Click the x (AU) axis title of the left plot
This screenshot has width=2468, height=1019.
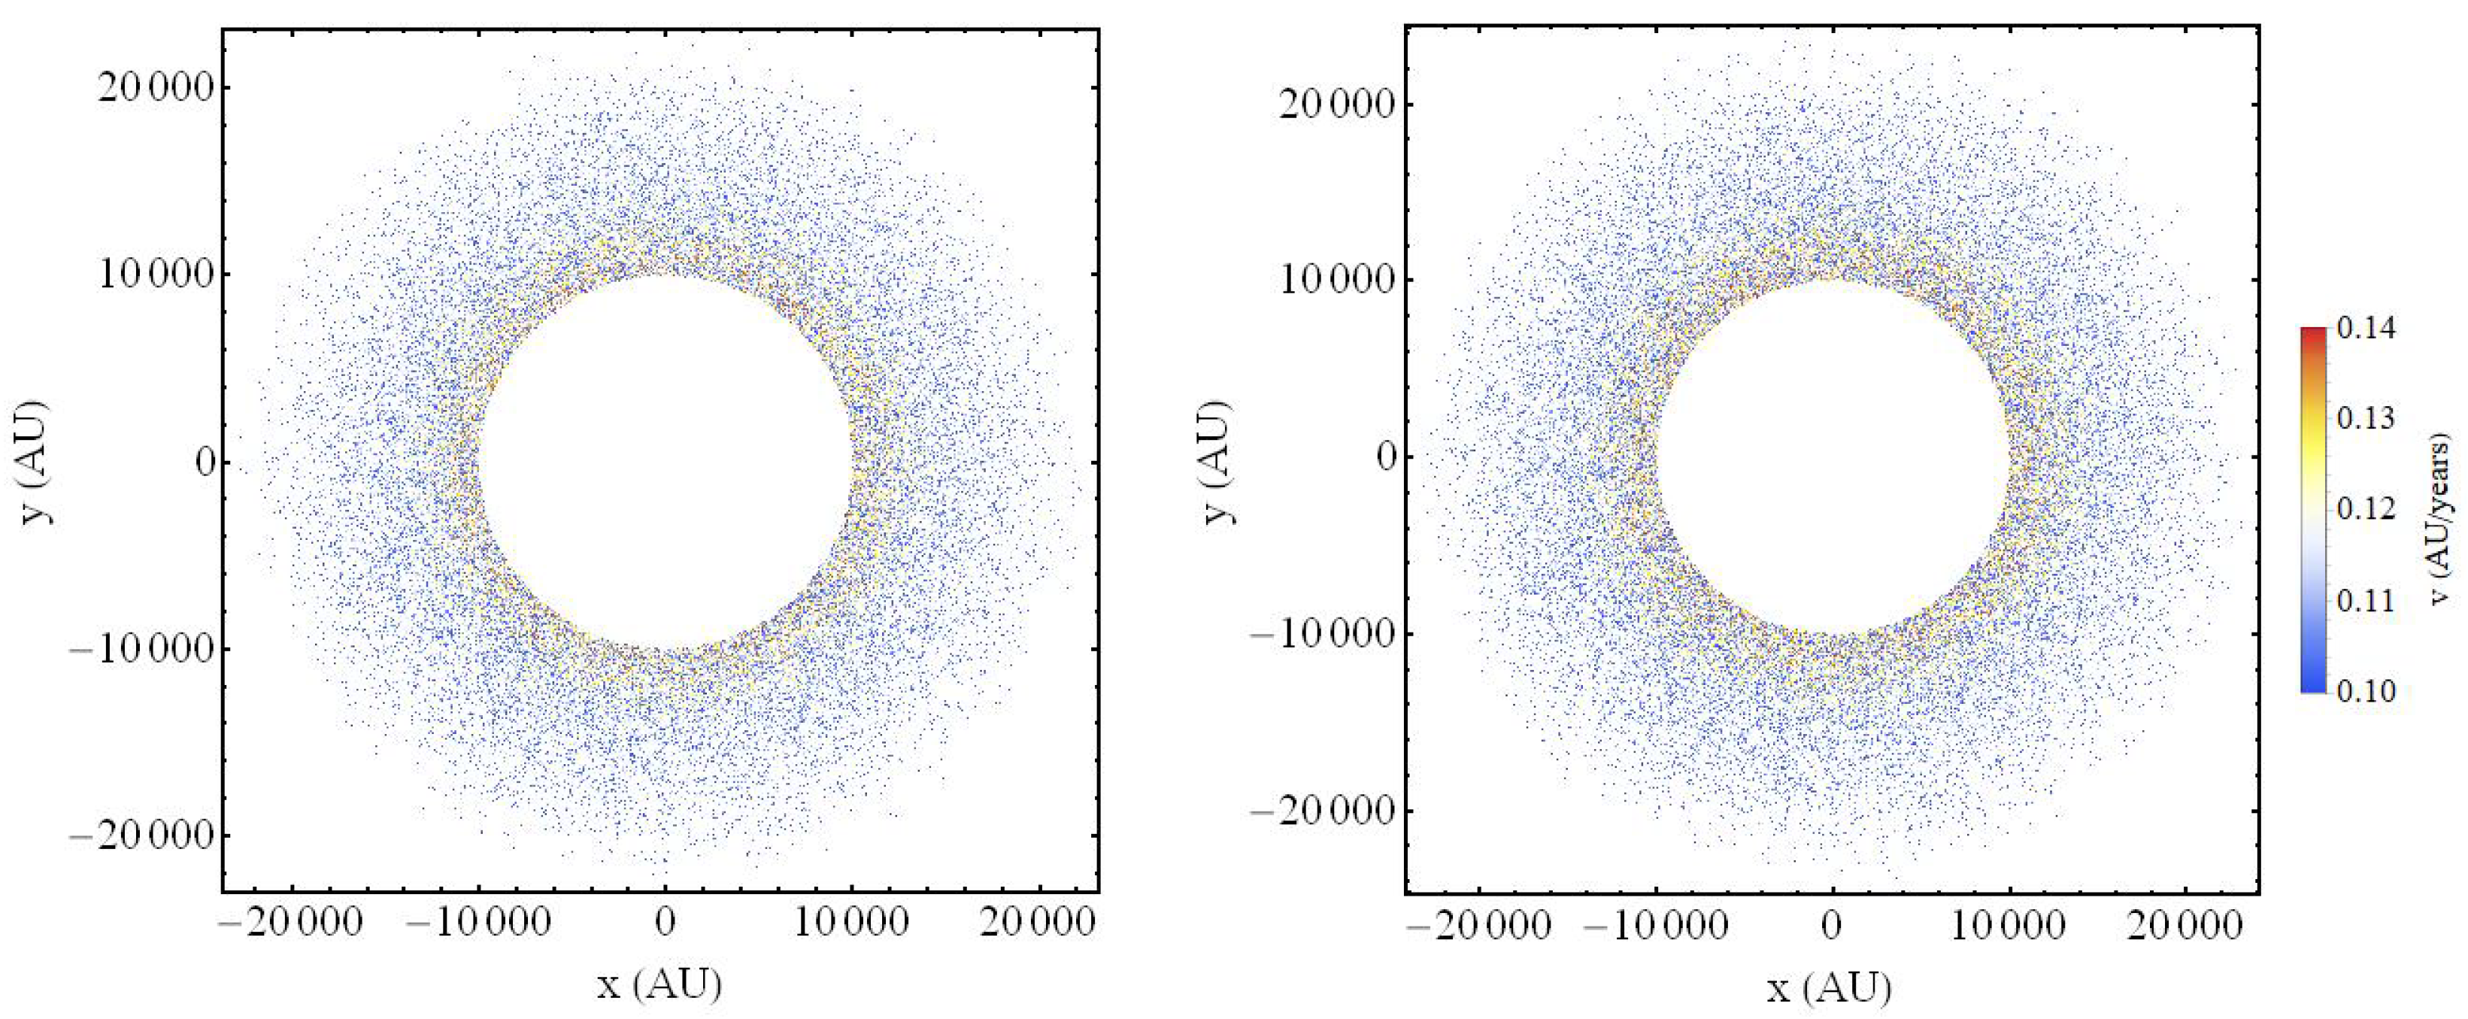coord(659,984)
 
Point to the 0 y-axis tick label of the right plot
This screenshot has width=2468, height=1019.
coord(1387,456)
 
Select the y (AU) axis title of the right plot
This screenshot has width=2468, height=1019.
coord(1216,462)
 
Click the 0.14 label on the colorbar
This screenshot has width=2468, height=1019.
coord(2366,329)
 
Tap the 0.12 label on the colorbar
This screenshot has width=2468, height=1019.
coord(2366,508)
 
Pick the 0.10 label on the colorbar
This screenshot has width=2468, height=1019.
coord(2366,690)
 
